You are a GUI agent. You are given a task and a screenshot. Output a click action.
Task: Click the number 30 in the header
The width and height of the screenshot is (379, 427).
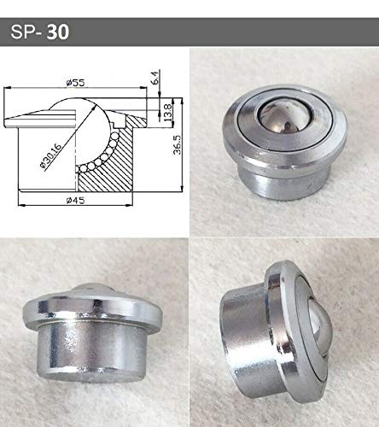[x=58, y=32]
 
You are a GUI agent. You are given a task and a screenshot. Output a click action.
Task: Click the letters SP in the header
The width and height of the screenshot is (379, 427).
[x=23, y=32]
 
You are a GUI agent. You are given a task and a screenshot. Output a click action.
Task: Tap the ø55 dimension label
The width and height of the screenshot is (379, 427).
[x=75, y=83]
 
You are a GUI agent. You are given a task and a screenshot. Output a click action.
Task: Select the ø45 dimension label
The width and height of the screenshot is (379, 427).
[x=75, y=201]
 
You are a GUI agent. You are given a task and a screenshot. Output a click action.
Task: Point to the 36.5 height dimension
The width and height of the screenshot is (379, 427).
[x=178, y=144]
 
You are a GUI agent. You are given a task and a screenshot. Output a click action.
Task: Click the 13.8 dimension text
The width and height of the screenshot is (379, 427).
[x=168, y=112]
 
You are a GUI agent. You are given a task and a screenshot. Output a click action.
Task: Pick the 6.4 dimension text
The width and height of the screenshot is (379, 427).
[x=155, y=78]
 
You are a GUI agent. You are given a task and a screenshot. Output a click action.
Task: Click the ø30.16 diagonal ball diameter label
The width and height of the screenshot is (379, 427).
[x=51, y=156]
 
